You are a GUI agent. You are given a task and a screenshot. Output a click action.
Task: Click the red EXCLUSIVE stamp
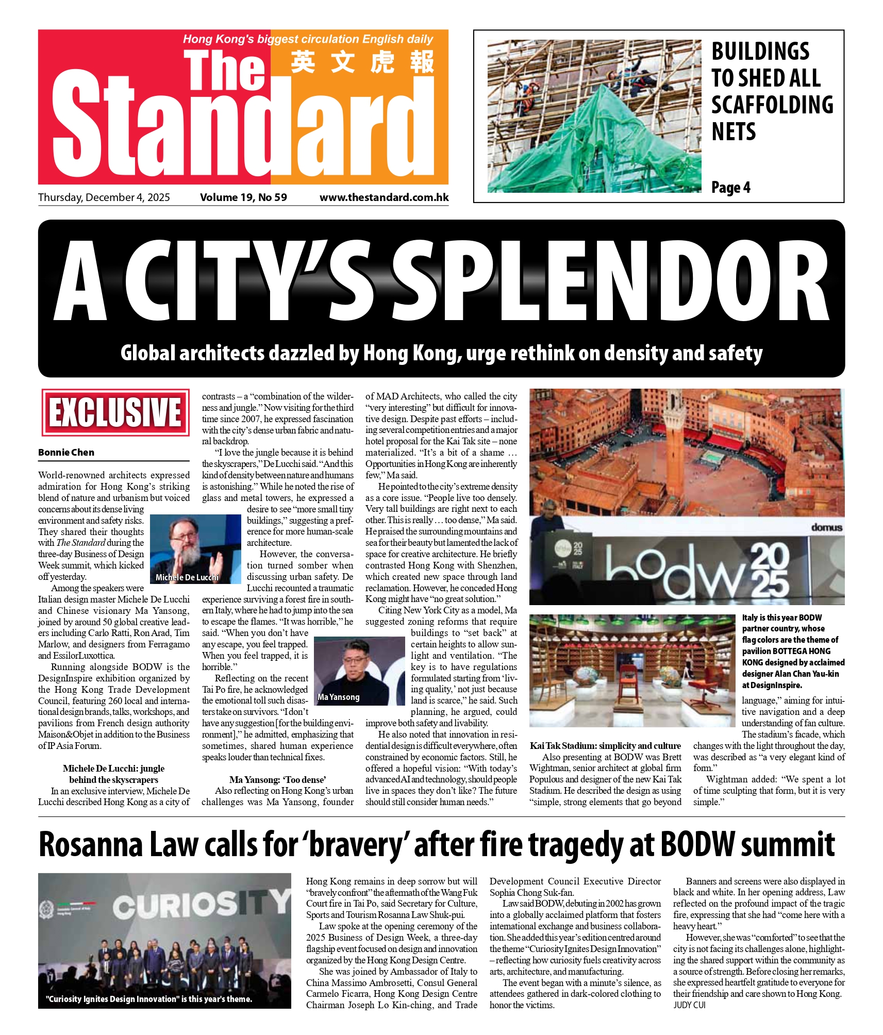click(114, 412)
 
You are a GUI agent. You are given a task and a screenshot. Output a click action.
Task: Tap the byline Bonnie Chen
click(66, 452)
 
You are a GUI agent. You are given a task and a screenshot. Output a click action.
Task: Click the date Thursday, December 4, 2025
click(104, 197)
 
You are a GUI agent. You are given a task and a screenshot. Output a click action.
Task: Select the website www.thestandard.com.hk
click(384, 197)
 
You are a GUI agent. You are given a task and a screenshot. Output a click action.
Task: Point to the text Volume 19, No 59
click(243, 197)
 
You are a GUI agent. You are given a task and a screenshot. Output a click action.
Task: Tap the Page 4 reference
click(730, 188)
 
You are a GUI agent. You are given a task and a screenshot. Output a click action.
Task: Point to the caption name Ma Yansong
click(339, 697)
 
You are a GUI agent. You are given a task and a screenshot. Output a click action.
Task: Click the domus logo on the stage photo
click(826, 527)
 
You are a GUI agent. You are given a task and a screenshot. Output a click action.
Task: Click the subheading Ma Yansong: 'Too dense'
click(277, 779)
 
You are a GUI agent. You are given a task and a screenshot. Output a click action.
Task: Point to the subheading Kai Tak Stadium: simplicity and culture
click(605, 746)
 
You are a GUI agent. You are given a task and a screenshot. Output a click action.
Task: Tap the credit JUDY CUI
click(689, 1005)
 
